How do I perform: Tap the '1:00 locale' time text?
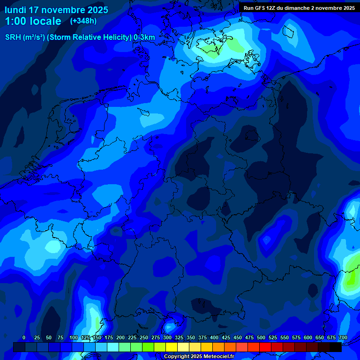(x=33, y=21)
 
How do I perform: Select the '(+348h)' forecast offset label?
(x=83, y=21)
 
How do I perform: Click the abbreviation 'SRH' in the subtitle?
(x=14, y=37)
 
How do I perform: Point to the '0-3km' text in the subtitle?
(x=144, y=37)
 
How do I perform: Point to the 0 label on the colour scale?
(x=24, y=337)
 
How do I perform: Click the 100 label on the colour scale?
(x=74, y=337)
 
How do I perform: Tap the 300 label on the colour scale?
(x=167, y=337)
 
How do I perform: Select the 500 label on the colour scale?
(x=261, y=337)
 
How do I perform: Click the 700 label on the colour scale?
(x=343, y=337)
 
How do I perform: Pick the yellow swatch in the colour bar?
(x=172, y=347)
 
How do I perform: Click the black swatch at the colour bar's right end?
(x=336, y=347)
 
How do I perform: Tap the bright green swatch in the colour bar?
(x=148, y=347)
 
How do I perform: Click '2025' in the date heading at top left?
(x=97, y=9)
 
